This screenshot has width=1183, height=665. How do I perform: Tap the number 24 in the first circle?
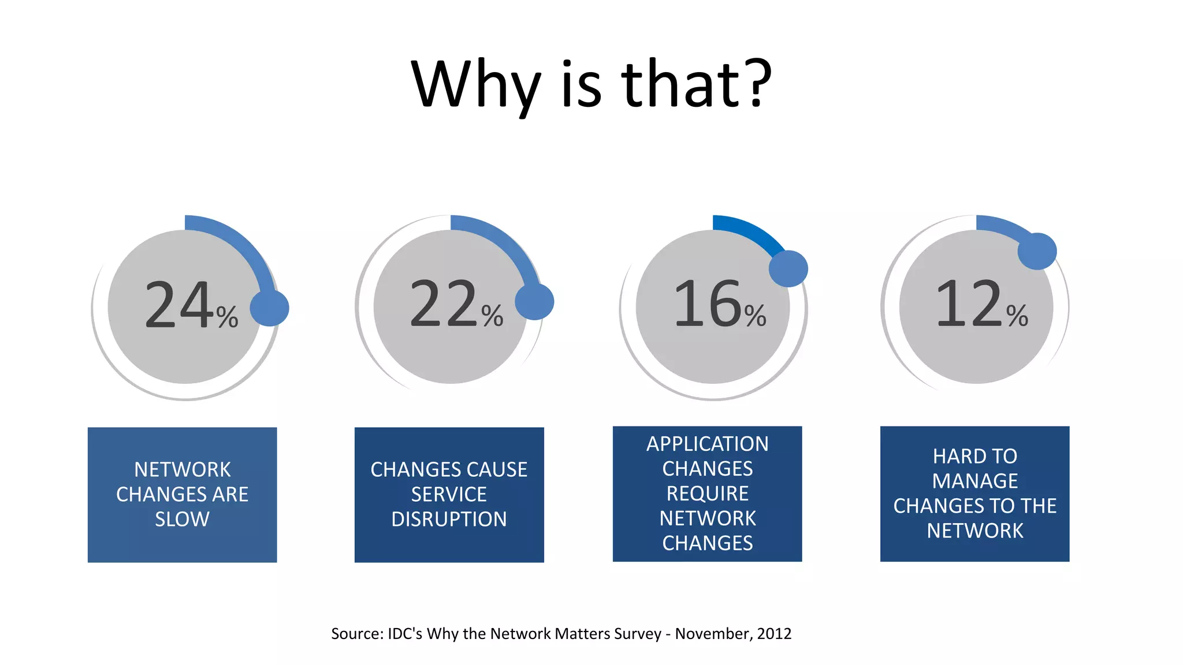coord(178,305)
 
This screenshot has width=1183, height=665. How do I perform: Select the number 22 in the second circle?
coord(444,304)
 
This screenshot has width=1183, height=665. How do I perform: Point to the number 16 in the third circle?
coord(707,304)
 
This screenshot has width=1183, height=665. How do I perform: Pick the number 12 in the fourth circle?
coord(969,304)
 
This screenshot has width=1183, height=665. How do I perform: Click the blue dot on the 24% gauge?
coord(269,308)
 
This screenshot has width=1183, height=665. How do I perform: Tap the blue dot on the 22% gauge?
coord(534,301)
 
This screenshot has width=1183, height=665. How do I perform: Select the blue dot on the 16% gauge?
coord(788,268)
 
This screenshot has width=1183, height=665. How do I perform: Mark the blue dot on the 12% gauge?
coord(1037,251)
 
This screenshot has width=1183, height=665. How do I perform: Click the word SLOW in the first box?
coord(182,520)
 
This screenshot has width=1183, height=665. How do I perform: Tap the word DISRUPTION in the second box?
coord(449,520)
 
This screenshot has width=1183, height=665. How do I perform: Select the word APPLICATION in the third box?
coord(707,444)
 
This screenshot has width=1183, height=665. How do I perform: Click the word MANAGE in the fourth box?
coord(975,481)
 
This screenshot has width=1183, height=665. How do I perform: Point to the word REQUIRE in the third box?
coord(707,494)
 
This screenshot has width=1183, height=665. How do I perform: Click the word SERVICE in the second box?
coord(449,495)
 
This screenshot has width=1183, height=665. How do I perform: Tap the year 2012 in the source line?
coord(774,634)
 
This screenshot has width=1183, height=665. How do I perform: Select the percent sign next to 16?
coord(755,316)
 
